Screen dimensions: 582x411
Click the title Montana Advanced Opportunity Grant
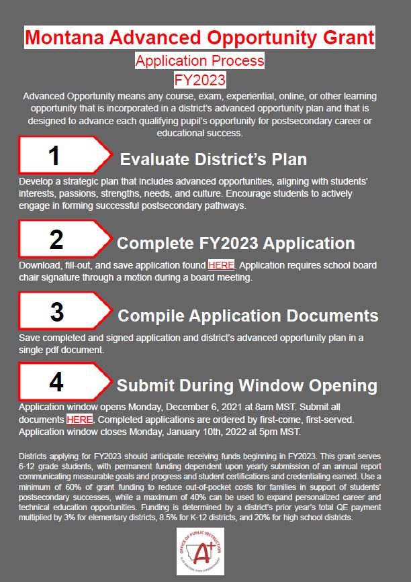[x=199, y=37]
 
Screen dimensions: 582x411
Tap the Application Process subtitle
[x=199, y=61]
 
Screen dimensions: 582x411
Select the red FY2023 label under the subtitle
[x=199, y=80]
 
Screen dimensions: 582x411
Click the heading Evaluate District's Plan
[x=213, y=159]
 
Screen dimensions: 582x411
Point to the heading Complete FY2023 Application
[x=236, y=242]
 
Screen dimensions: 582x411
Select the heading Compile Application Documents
[x=248, y=315]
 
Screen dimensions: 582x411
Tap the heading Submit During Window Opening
[x=246, y=385]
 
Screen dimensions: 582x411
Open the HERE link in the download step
[x=221, y=265]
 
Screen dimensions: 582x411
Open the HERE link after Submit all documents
[x=79, y=420]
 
